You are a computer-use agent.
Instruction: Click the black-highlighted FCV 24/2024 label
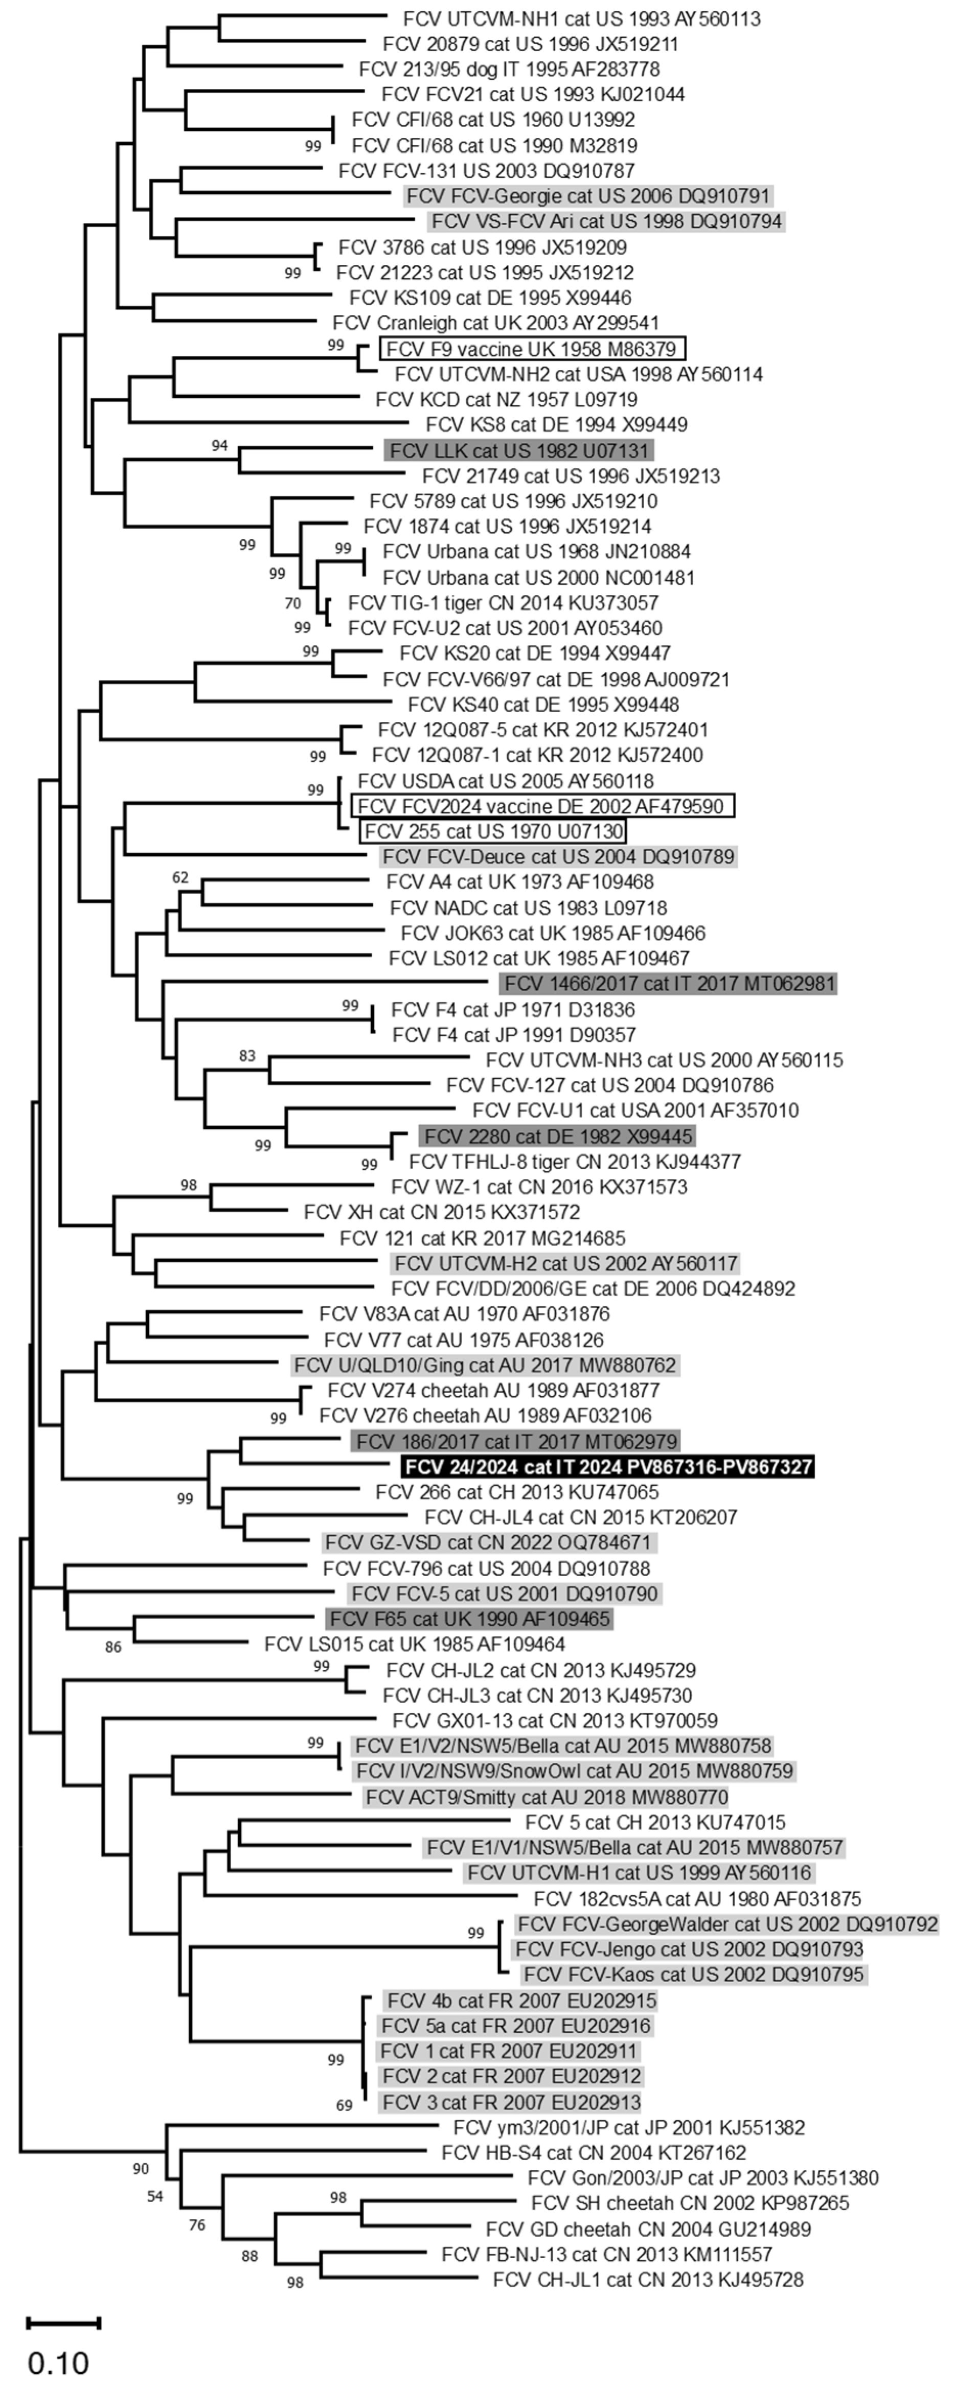click(x=607, y=1467)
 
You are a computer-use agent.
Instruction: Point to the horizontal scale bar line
click(x=63, y=2322)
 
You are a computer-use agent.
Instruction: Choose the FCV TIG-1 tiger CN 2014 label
click(x=503, y=603)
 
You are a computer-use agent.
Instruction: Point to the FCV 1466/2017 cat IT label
click(x=668, y=983)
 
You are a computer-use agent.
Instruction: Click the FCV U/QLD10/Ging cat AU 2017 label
click(x=484, y=1365)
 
